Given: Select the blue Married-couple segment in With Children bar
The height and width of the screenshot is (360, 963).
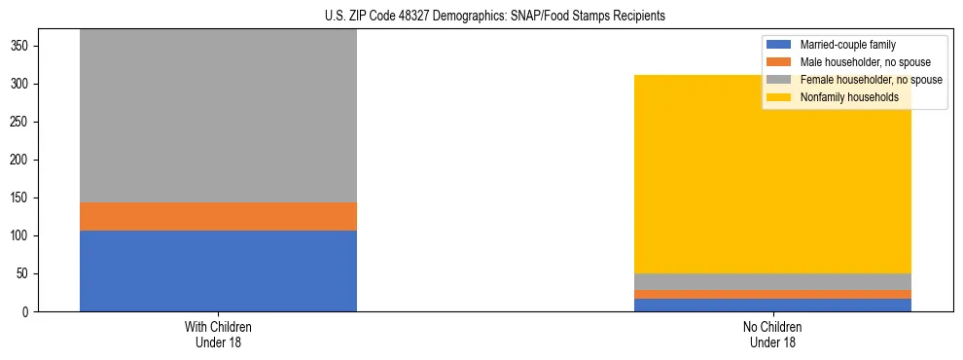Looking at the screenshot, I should point(218,270).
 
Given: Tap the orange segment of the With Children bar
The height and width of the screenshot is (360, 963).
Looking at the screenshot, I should point(218,216).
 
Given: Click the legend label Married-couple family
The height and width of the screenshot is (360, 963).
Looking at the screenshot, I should point(847,45).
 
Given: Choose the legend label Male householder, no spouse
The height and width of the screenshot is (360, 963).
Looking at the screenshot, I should point(858,62).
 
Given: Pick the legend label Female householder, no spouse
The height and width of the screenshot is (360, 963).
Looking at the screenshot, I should point(871,80).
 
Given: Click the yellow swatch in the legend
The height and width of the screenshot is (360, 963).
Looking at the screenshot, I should point(779,97).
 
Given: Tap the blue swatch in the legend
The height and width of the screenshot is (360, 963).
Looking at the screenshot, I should point(779,45).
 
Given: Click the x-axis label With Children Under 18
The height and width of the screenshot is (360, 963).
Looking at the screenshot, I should point(218,334).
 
